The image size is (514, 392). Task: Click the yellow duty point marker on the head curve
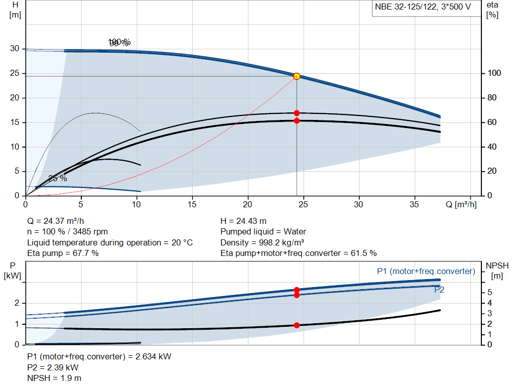(297, 76)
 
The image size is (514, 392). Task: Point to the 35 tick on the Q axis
(415, 204)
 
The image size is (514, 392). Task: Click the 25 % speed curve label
(57, 178)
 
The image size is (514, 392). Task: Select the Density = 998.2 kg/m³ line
(262, 242)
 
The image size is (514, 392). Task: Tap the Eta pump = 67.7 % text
(63, 253)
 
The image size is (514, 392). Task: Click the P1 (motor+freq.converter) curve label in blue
(426, 271)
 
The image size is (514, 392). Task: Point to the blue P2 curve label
(439, 290)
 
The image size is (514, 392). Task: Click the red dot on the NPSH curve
(297, 325)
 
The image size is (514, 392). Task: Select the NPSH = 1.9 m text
(54, 378)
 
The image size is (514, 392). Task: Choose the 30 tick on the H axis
(15, 49)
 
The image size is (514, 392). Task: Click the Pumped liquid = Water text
(263, 232)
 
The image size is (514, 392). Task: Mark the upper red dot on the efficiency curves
(297, 113)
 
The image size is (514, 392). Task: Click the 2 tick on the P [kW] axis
(17, 303)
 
